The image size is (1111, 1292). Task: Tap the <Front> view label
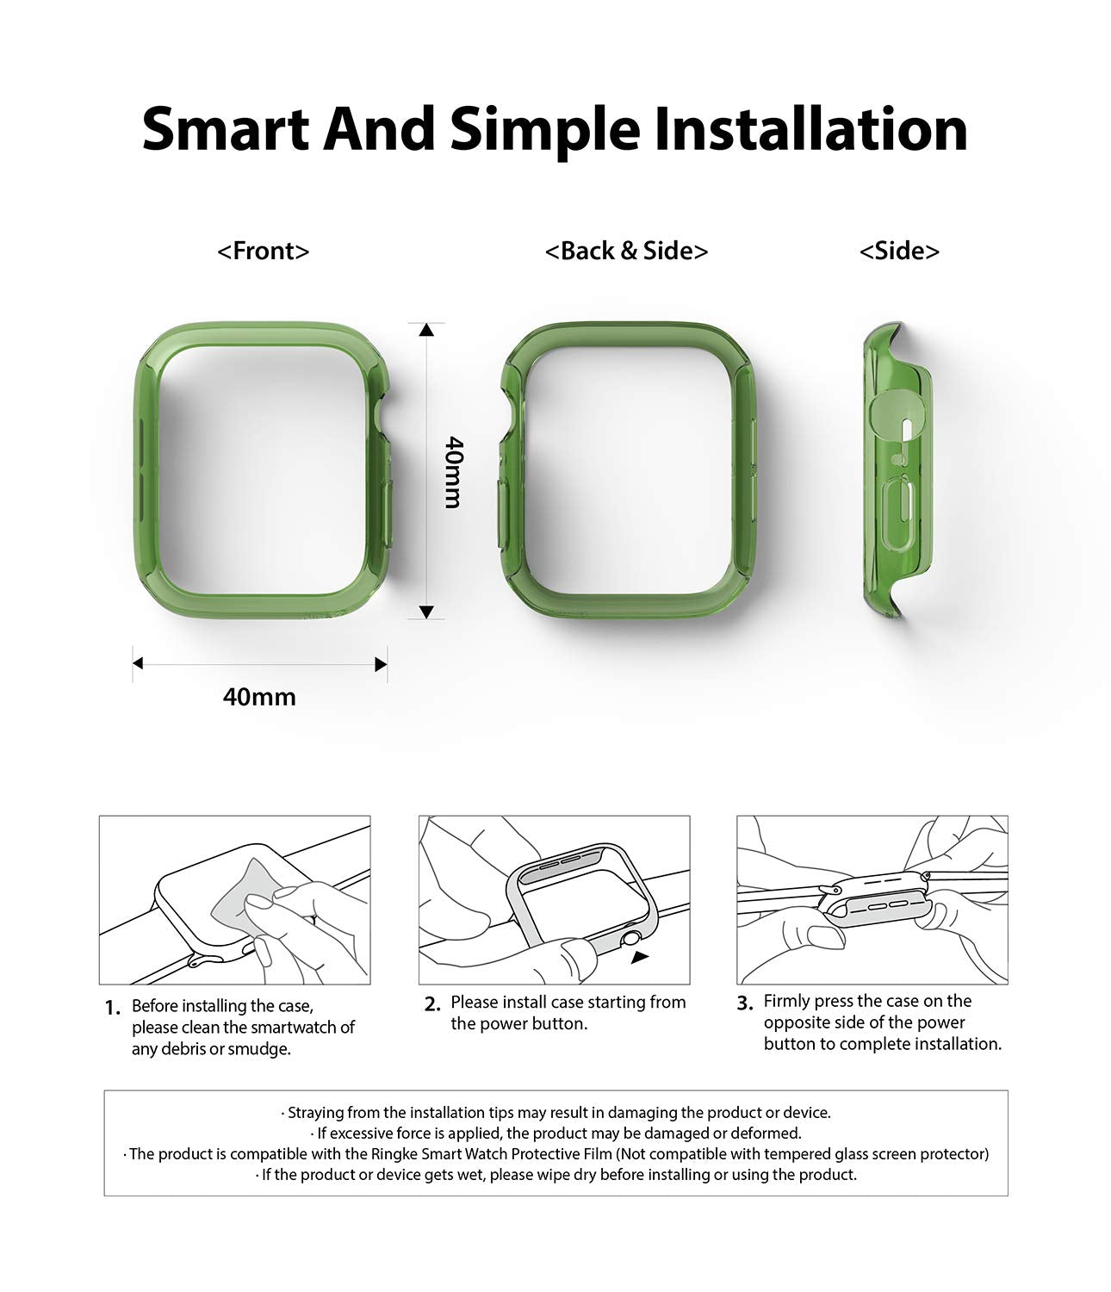pyautogui.click(x=263, y=251)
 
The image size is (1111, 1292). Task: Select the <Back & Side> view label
pyautogui.click(x=626, y=251)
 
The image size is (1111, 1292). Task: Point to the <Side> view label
pyautogui.click(x=899, y=251)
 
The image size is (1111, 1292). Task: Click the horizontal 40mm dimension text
pyautogui.click(x=259, y=697)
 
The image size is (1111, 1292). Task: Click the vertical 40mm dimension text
pyautogui.click(x=454, y=472)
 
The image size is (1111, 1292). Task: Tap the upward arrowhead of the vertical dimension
pyautogui.click(x=426, y=329)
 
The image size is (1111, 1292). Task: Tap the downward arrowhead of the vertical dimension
pyautogui.click(x=426, y=612)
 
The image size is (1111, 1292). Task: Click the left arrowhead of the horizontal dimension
pyautogui.click(x=138, y=663)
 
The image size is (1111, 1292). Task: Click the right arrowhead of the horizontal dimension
pyautogui.click(x=381, y=664)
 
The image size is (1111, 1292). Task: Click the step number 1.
pyautogui.click(x=113, y=1009)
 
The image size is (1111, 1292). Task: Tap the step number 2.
pyautogui.click(x=432, y=1003)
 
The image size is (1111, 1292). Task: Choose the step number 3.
pyautogui.click(x=745, y=1003)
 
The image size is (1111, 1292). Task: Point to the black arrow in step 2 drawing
pyautogui.click(x=640, y=957)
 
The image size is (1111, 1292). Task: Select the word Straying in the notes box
pyautogui.click(x=315, y=1113)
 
